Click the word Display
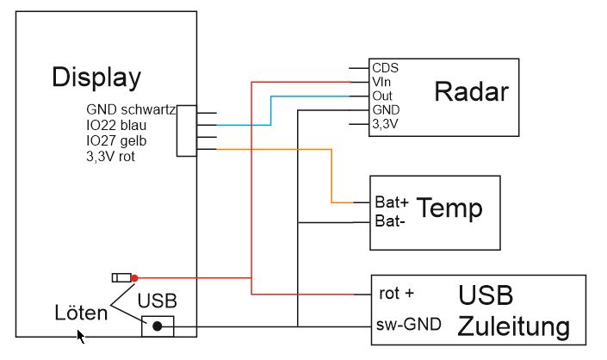(96, 78)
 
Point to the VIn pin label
(382, 81)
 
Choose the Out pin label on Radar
(382, 96)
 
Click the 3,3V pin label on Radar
(386, 125)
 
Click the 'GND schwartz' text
(131, 110)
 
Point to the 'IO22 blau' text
(117, 126)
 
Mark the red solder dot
(134, 277)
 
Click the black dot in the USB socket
(157, 326)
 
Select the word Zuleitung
(513, 327)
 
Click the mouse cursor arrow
(81, 337)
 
